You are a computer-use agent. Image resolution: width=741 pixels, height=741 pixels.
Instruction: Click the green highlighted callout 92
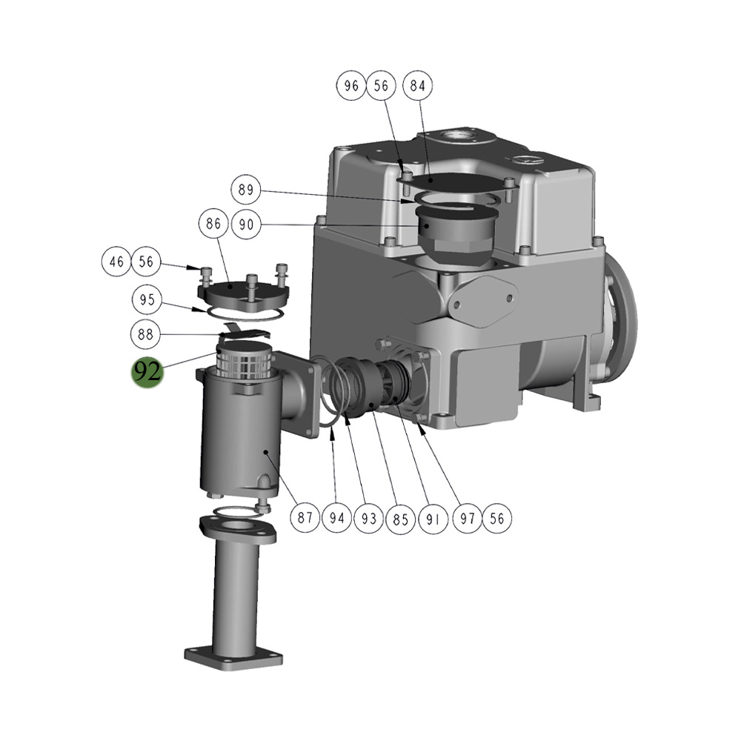147,371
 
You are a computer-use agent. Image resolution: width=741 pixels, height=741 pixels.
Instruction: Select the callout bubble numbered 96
351,85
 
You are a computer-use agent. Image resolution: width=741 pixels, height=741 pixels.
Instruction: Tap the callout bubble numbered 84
417,85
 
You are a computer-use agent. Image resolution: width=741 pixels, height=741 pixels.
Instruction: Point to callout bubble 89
246,190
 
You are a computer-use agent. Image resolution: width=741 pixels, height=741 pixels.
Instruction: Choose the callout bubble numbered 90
246,225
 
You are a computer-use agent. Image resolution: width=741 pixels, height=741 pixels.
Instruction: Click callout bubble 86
213,224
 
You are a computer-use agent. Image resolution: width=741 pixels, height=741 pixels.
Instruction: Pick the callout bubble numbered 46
116,262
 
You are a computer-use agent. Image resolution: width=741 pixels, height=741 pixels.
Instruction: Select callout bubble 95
147,299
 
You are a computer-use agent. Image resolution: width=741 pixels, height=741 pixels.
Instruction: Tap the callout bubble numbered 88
145,335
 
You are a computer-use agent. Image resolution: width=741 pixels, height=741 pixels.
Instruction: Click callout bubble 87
305,518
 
